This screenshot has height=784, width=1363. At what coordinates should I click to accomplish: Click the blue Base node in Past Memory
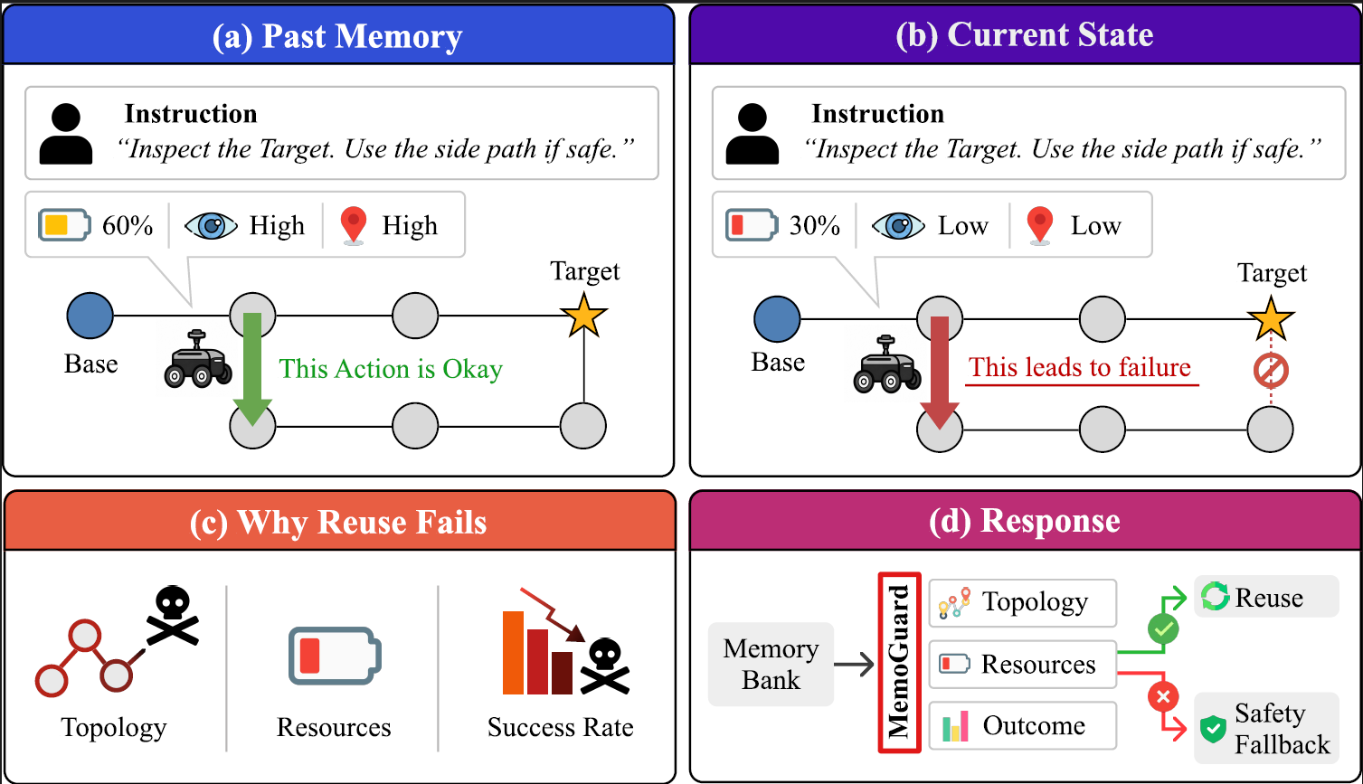[90, 316]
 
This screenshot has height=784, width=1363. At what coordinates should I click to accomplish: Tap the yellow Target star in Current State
[1271, 318]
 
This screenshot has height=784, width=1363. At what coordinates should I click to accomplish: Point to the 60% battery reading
[128, 226]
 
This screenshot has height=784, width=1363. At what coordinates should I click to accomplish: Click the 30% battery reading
[815, 226]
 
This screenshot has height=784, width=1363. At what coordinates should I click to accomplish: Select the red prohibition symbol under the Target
[1271, 370]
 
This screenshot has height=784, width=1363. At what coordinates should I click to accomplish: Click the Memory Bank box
[771, 664]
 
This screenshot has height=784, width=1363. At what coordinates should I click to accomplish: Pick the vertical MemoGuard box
[899, 662]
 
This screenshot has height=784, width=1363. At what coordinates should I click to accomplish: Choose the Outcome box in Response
[1022, 725]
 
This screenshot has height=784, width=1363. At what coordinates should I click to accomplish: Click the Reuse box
[1266, 597]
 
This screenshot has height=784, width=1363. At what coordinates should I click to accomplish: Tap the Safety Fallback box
[1266, 728]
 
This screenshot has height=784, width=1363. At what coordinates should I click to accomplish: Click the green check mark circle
[1163, 629]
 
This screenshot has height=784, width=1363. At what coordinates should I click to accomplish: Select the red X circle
[1163, 696]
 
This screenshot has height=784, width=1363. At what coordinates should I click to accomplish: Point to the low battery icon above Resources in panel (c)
[335, 656]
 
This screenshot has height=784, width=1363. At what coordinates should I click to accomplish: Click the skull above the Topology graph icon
[173, 615]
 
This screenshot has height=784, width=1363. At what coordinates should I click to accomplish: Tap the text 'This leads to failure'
[1080, 367]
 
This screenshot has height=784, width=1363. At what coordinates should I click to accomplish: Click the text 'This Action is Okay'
[391, 369]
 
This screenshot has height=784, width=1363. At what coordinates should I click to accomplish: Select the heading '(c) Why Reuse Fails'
[338, 522]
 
